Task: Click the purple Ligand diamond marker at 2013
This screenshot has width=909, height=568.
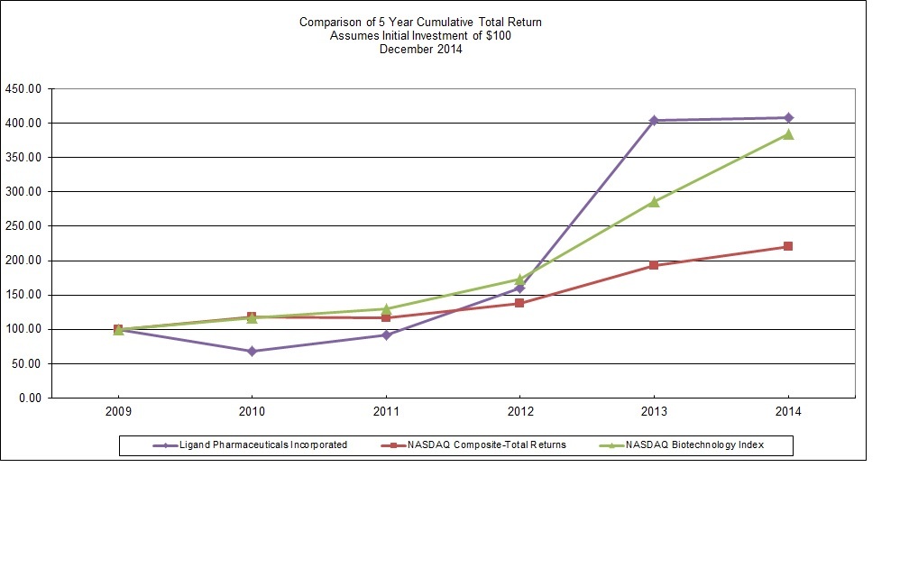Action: click(x=654, y=120)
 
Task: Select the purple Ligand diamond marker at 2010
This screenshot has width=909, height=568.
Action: click(x=252, y=351)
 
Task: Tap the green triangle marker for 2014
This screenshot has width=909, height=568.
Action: click(x=788, y=134)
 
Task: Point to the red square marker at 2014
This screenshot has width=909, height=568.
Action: click(x=788, y=246)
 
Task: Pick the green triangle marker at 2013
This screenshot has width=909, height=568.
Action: click(x=654, y=202)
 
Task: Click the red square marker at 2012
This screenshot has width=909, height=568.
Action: click(x=519, y=303)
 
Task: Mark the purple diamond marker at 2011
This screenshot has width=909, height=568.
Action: click(x=386, y=334)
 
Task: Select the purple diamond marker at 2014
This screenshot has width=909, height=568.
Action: click(x=788, y=117)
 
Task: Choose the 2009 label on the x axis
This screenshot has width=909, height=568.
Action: click(x=118, y=411)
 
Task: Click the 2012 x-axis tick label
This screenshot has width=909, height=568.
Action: click(x=519, y=411)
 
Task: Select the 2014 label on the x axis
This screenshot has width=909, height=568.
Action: click(x=788, y=411)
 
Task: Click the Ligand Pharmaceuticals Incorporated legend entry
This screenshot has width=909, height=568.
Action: click(x=262, y=444)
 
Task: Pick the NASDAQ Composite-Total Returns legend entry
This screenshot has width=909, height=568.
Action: click(x=486, y=444)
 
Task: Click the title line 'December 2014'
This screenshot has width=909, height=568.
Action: click(x=420, y=50)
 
